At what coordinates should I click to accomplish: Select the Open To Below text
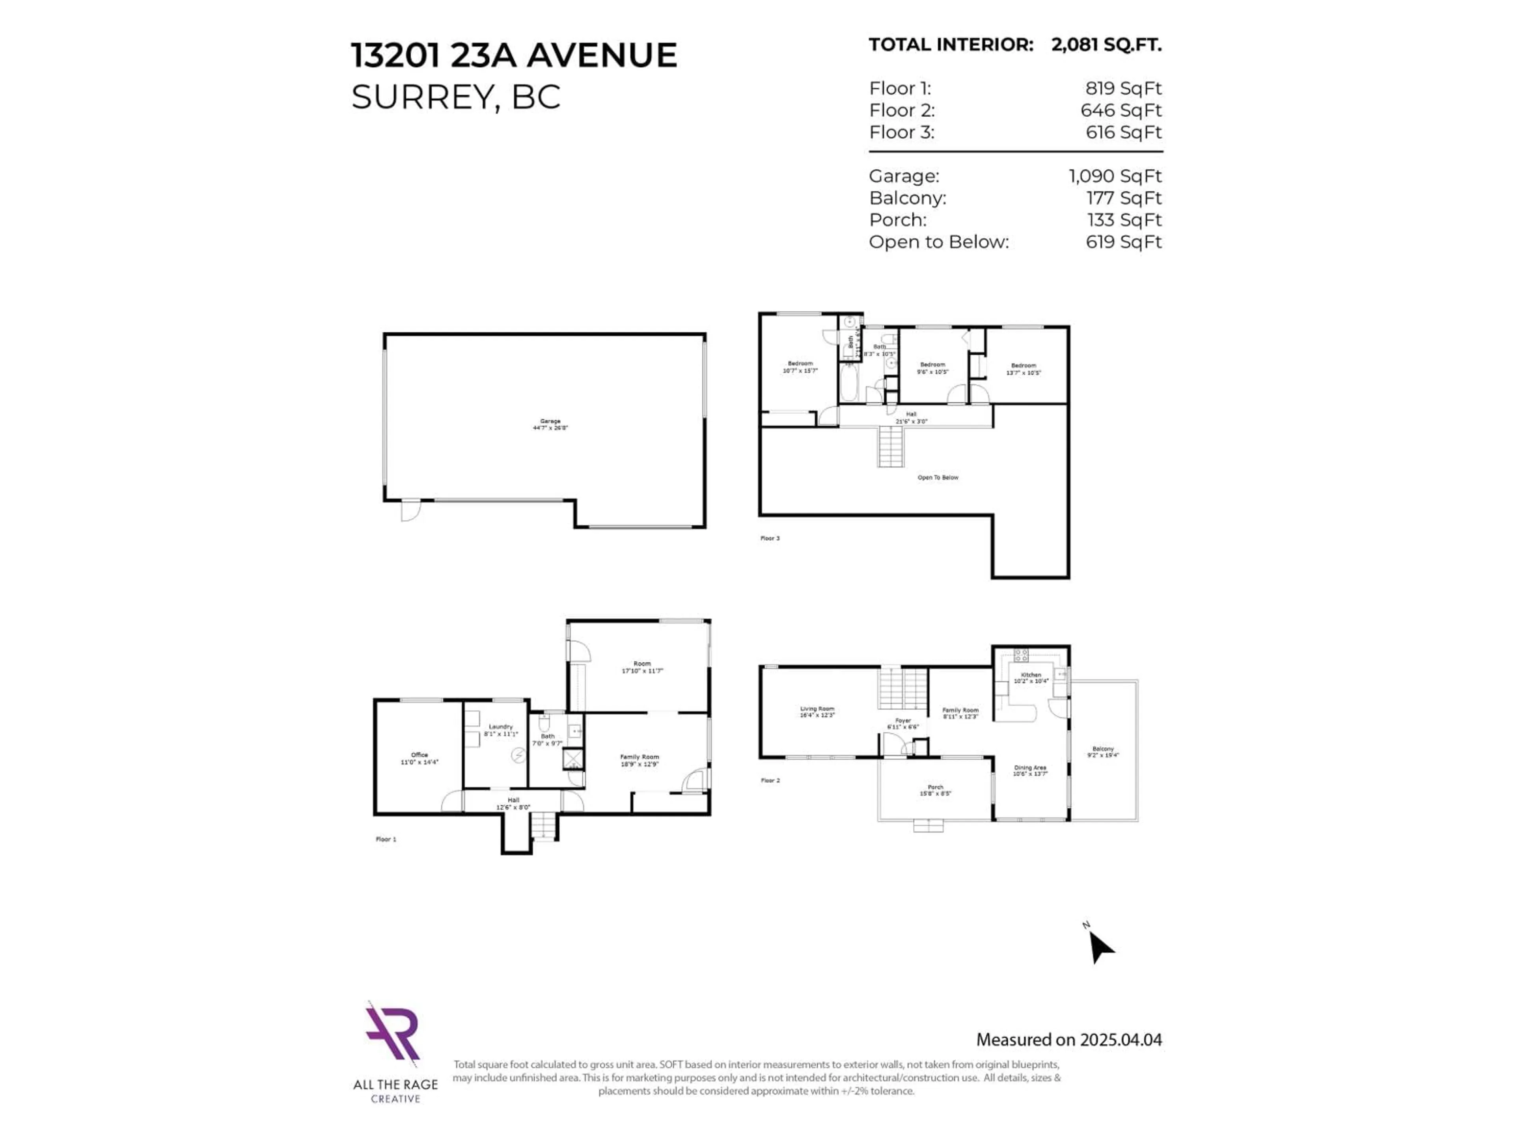click(x=938, y=478)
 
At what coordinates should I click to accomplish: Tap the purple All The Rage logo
click(x=392, y=1033)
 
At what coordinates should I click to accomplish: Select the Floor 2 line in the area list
click(x=1015, y=110)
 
